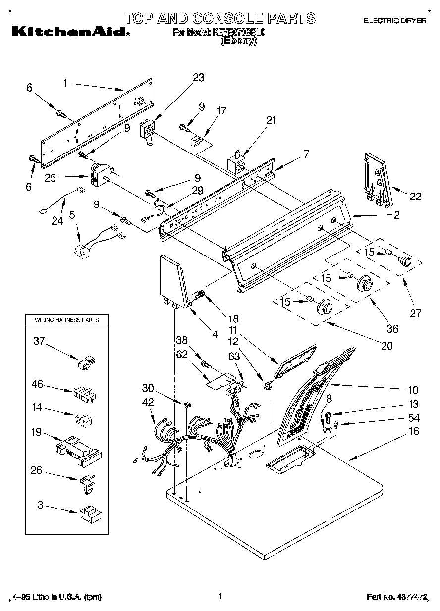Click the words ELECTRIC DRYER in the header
click(394, 21)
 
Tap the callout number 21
click(271, 120)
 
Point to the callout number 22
click(415, 197)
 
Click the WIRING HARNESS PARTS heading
click(66, 320)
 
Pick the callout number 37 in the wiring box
click(39, 341)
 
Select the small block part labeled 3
click(90, 515)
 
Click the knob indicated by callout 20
click(324, 307)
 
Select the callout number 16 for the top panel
click(414, 431)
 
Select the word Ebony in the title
click(238, 42)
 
